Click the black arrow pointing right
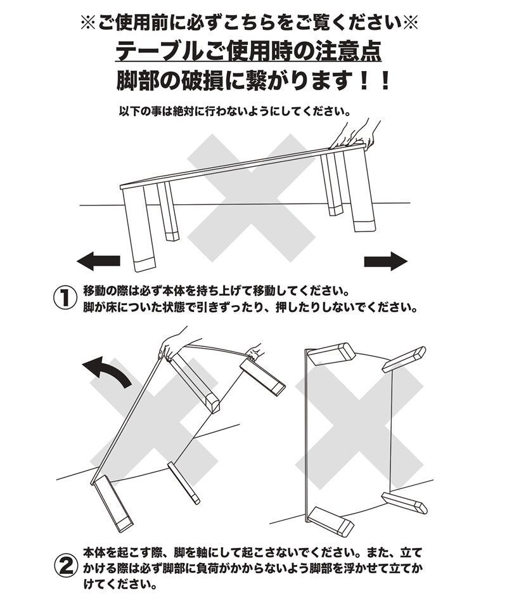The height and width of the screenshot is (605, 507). (385, 260)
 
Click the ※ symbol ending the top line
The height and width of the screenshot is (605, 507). (411, 23)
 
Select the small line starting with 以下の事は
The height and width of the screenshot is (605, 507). (234, 111)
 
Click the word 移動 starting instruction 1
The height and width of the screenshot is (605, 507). (94, 292)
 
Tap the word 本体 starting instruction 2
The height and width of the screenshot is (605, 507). (94, 551)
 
